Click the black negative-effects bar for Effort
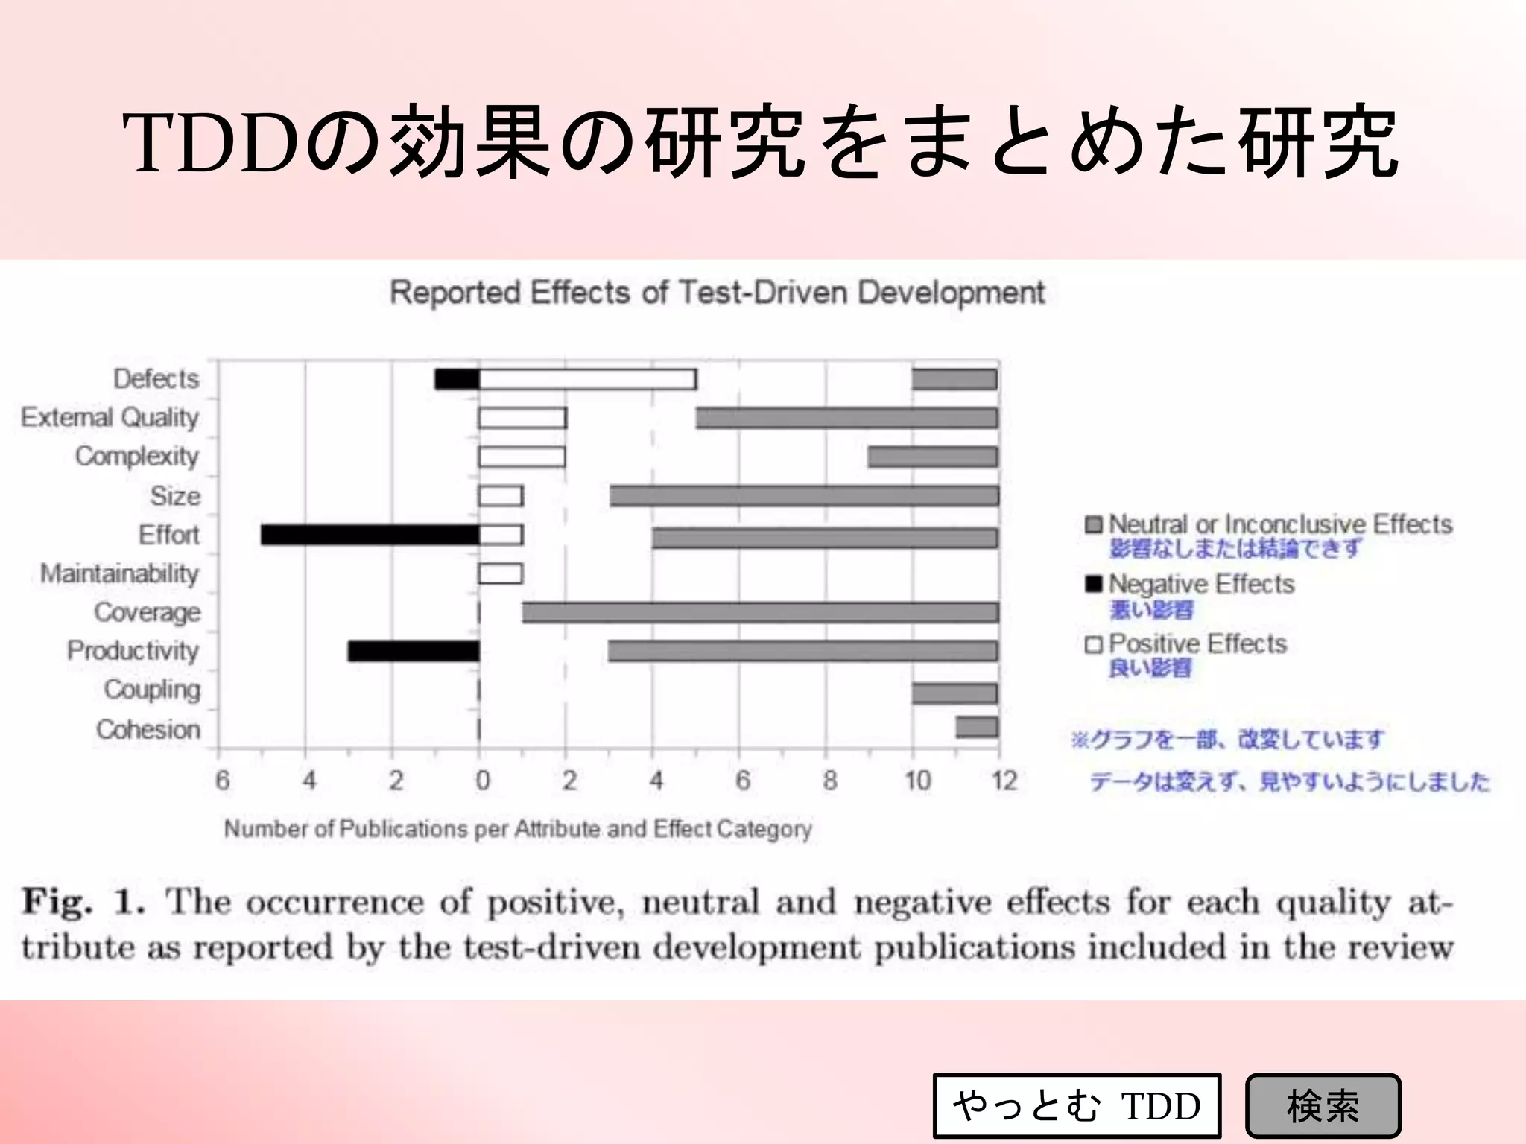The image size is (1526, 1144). point(370,535)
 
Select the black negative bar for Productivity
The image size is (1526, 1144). point(414,651)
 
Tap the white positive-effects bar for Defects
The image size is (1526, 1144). point(588,379)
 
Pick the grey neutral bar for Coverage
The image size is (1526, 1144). point(760,612)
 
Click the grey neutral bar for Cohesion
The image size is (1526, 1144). point(977,727)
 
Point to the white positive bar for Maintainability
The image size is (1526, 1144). point(501,573)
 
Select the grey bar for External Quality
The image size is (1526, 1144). point(847,418)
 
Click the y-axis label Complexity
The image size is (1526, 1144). point(137,456)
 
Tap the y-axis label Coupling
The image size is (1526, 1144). point(152,690)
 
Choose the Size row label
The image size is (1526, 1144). point(175,495)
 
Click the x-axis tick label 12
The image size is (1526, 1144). point(1004,781)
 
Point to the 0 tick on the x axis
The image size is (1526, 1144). point(483,781)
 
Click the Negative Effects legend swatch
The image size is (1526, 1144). point(1093,584)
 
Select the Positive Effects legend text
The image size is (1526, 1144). point(1197,643)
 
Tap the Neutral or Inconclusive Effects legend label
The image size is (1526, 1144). point(1280,524)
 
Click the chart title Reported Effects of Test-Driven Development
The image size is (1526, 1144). point(718,293)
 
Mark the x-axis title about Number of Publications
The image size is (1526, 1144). point(518,829)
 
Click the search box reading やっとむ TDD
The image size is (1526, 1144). point(1076,1105)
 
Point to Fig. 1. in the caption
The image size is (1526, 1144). point(83,901)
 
